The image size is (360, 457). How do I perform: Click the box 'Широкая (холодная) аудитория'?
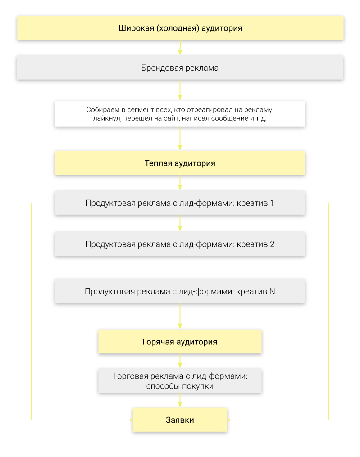180,27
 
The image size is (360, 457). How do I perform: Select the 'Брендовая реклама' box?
180,68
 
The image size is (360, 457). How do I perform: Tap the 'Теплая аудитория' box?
180,163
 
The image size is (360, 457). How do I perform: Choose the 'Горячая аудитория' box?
180,342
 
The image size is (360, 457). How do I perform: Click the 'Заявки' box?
180,420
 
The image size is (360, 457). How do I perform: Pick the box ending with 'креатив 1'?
180,203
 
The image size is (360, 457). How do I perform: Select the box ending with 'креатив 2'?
180,244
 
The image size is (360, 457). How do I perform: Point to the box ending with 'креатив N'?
180,291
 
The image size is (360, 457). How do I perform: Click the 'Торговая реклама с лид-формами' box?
180,380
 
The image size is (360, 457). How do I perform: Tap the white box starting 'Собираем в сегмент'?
180,113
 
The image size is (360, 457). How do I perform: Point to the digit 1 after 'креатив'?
272,203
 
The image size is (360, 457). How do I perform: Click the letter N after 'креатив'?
272,291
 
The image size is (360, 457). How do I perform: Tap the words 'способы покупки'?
180,386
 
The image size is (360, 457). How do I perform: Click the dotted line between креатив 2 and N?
180,267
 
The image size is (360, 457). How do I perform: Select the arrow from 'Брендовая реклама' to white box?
180,90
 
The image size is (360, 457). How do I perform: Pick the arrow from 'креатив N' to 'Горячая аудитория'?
180,316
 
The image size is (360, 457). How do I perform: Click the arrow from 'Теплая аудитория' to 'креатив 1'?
180,183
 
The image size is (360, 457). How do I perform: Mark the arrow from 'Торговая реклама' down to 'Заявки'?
180,400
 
